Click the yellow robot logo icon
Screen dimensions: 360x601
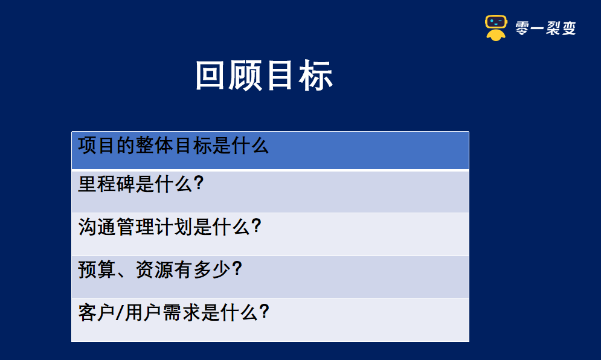[x=497, y=28]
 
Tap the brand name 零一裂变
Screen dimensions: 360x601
[x=546, y=28]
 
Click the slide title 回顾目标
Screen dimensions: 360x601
[x=265, y=76]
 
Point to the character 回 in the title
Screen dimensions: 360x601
[x=212, y=76]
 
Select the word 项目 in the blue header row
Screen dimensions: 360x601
[x=97, y=146]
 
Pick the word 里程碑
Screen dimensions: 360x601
[x=106, y=184]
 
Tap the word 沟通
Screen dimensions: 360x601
[x=97, y=227]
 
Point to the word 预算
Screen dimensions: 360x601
[x=97, y=270]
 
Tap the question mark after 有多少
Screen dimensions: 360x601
[x=237, y=270]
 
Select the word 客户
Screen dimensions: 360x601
[x=97, y=313]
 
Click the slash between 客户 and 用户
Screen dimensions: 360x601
[x=120, y=313]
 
